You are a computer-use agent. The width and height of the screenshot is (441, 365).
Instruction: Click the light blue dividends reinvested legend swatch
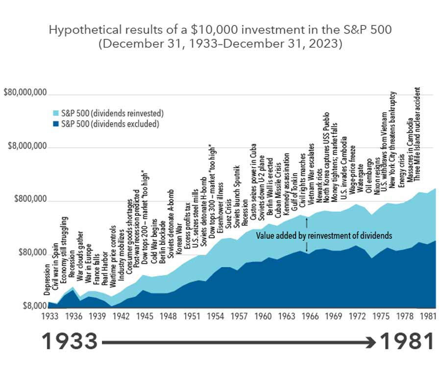pos(55,113)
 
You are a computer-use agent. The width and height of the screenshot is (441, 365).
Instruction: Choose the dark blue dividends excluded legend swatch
pos(55,124)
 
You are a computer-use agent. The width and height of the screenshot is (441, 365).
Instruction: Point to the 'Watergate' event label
pos(361,182)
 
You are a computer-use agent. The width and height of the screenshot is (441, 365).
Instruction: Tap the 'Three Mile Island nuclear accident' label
pos(417,135)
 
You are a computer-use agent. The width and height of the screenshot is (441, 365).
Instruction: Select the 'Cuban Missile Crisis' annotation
pos(277,188)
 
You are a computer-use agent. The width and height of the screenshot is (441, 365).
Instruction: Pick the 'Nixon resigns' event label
pos(376,176)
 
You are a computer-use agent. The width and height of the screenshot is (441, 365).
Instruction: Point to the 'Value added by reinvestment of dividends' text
pos(324,235)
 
